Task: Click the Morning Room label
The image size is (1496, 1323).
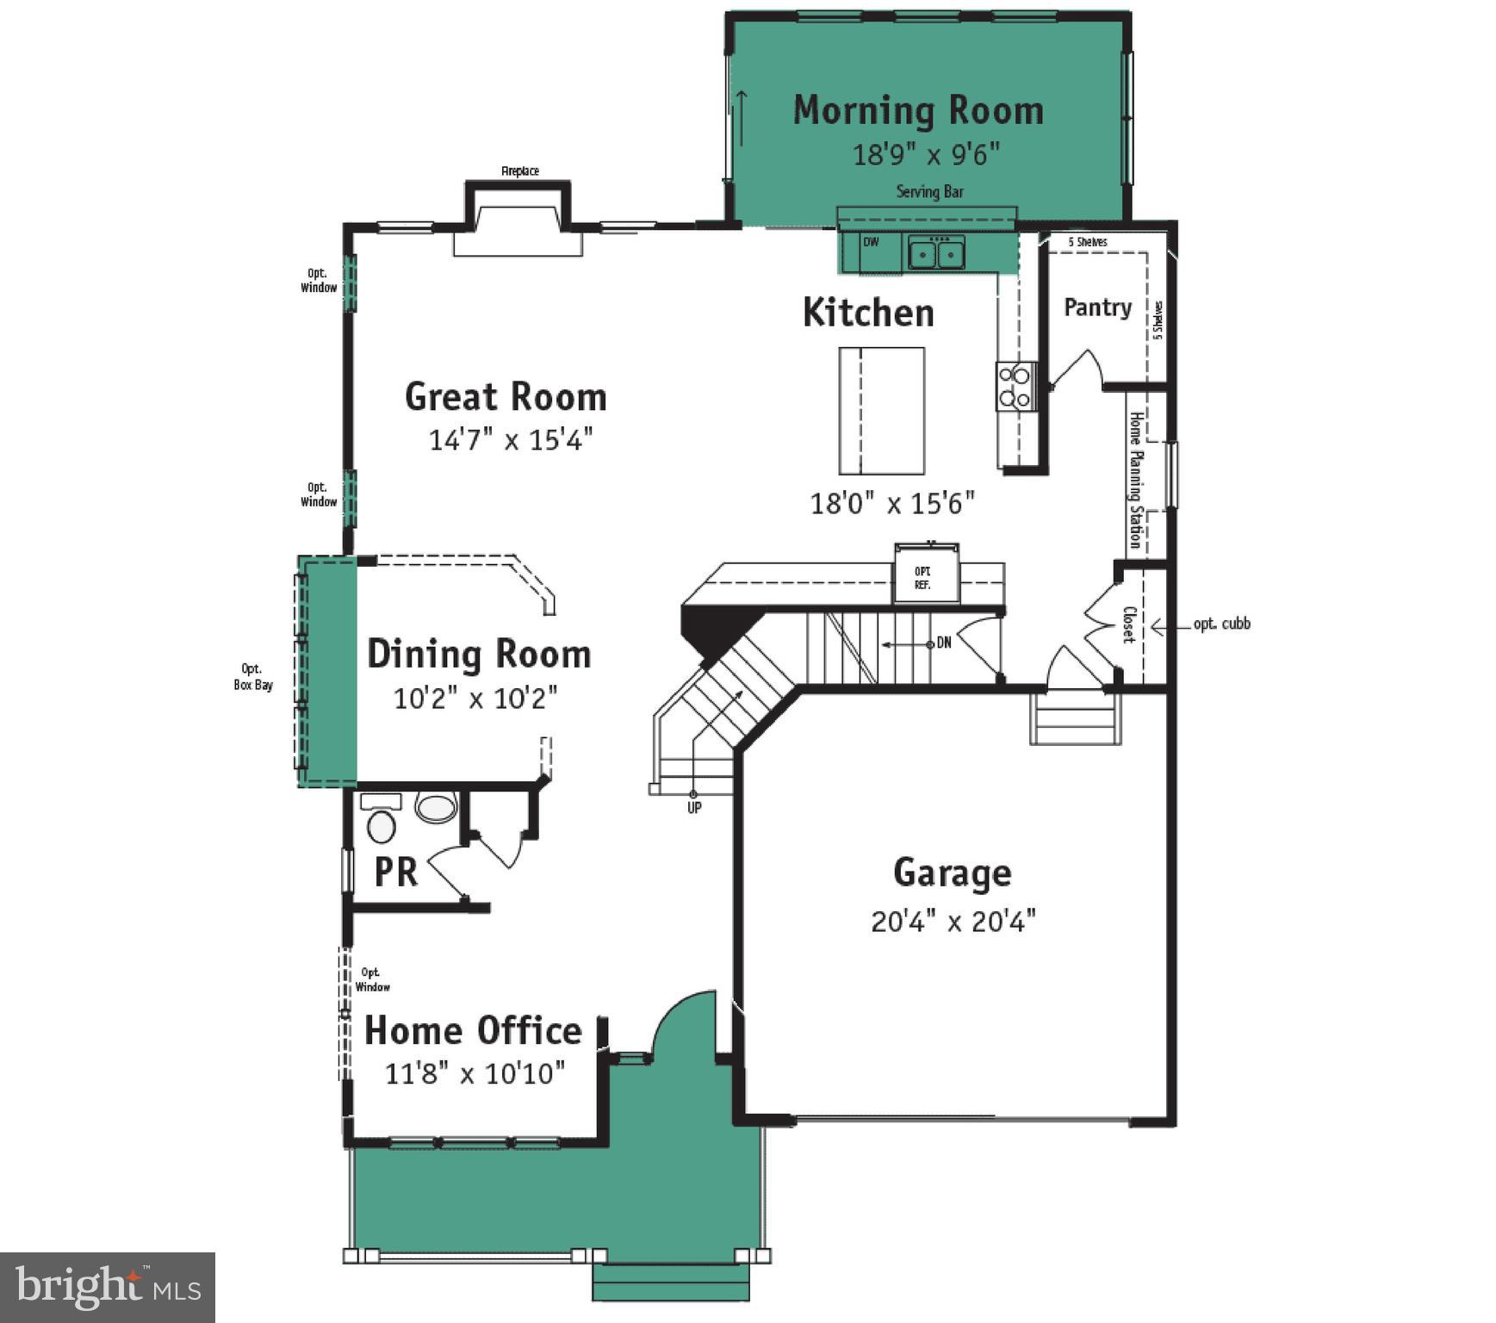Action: click(917, 110)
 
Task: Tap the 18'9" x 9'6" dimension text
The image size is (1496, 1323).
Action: click(926, 154)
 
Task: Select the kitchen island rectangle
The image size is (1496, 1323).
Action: click(881, 411)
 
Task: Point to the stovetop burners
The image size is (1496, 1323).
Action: click(1015, 387)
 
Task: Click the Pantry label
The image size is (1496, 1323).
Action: click(1096, 307)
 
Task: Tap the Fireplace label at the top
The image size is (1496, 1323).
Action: click(520, 171)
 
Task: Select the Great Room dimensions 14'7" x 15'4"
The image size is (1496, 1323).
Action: click(511, 440)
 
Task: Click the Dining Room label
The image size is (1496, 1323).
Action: click(479, 654)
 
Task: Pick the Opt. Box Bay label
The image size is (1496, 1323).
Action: click(253, 677)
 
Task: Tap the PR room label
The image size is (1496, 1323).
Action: click(395, 872)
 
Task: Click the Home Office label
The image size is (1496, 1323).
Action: click(473, 1030)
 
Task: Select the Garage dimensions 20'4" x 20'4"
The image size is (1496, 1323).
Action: click(953, 922)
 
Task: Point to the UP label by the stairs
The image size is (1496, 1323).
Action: click(694, 808)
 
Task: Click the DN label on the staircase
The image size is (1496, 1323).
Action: click(944, 643)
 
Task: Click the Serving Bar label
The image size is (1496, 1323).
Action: click(929, 191)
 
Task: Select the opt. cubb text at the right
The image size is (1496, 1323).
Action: click(1221, 624)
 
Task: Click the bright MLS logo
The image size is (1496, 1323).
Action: click(108, 1287)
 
